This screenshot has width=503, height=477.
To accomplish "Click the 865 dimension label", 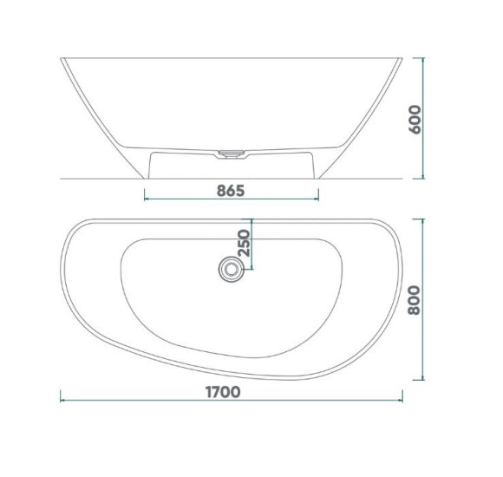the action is click(231, 191).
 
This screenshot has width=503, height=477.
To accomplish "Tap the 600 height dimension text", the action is click(415, 120).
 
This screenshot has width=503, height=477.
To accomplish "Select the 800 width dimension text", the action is click(415, 300).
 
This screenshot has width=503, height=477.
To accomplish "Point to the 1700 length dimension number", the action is click(223, 392).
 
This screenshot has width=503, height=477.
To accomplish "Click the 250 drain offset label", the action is click(244, 243).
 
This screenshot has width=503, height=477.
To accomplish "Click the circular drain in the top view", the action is click(231, 269).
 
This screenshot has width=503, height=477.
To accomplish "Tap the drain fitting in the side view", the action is click(232, 154).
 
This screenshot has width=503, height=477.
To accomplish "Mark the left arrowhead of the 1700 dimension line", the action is click(61, 400).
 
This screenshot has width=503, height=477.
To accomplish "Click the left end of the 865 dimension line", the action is click(145, 199).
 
